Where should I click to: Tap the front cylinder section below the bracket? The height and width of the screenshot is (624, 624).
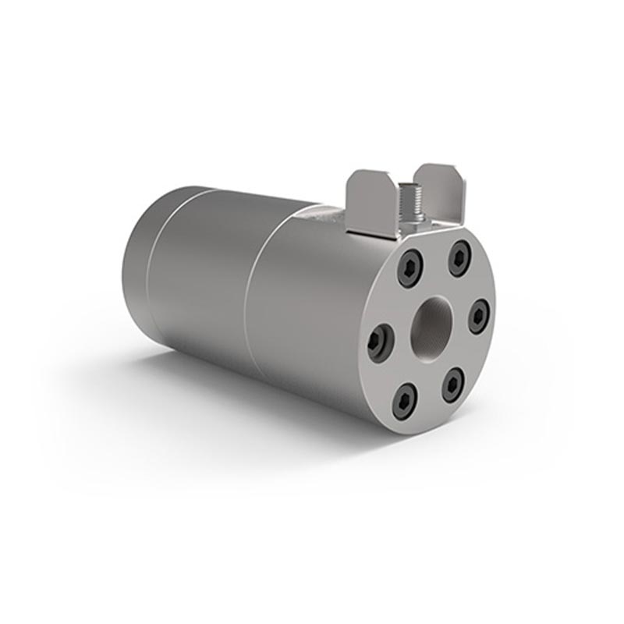pyautogui.click(x=304, y=312)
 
